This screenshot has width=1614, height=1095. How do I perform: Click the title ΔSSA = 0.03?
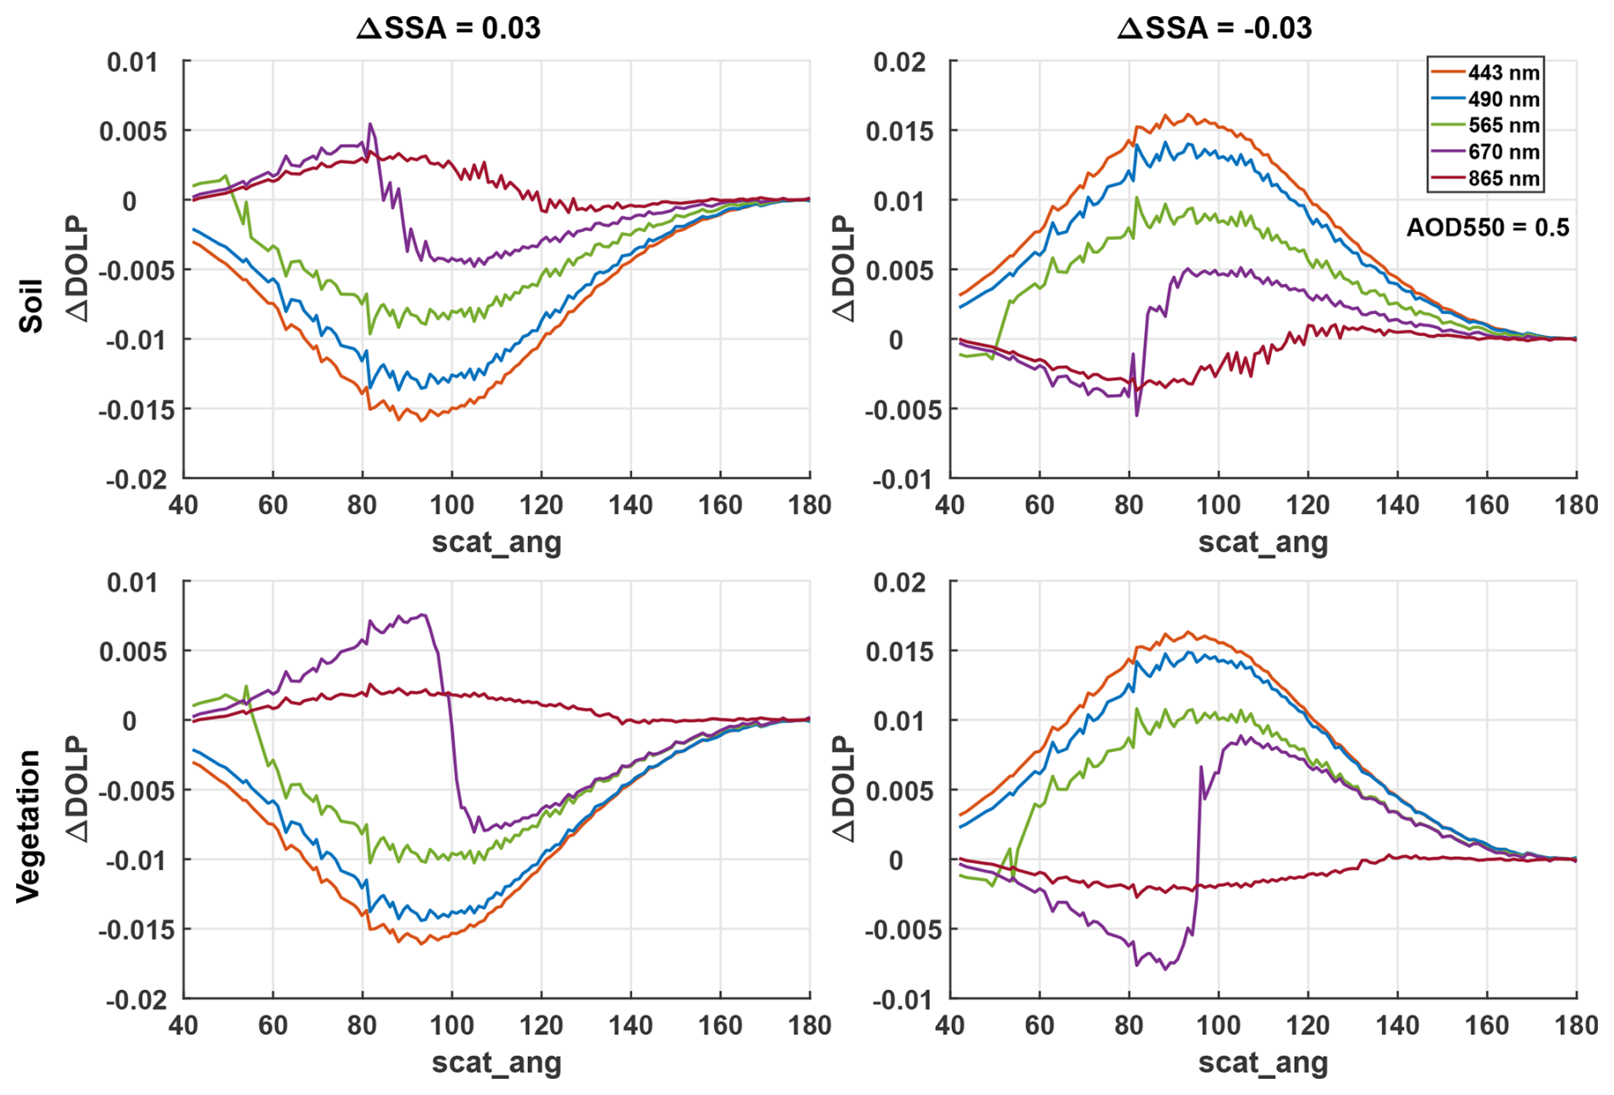448,28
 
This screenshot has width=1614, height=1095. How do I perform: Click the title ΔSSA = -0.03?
1215,28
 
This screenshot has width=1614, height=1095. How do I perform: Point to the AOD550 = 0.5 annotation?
1487,227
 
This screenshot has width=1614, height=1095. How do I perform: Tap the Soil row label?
32,305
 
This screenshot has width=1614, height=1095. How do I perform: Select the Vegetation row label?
29,826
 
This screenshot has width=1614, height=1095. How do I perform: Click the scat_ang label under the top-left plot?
496,542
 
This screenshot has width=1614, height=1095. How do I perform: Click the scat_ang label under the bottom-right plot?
1263,1063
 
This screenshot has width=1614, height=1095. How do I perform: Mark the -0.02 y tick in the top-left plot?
136,479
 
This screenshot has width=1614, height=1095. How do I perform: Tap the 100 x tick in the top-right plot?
1218,505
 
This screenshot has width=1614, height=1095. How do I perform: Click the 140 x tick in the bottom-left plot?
630,1025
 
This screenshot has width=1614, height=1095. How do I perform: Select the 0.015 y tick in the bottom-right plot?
899,652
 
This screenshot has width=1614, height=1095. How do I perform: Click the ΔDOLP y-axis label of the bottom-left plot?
78,789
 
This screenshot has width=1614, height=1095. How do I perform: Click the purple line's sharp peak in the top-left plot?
370,124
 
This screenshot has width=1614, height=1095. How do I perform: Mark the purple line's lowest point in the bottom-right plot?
1166,969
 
